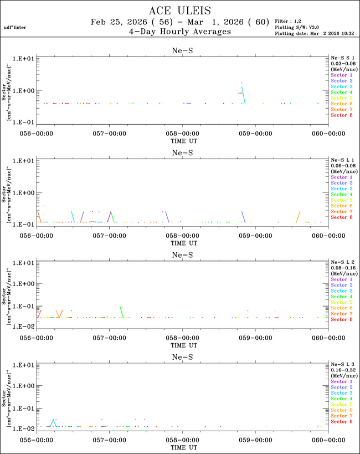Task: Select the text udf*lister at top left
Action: point(14,27)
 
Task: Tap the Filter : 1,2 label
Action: point(288,21)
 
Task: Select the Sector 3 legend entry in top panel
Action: point(341,86)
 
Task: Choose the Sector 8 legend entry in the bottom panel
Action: point(341,422)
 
